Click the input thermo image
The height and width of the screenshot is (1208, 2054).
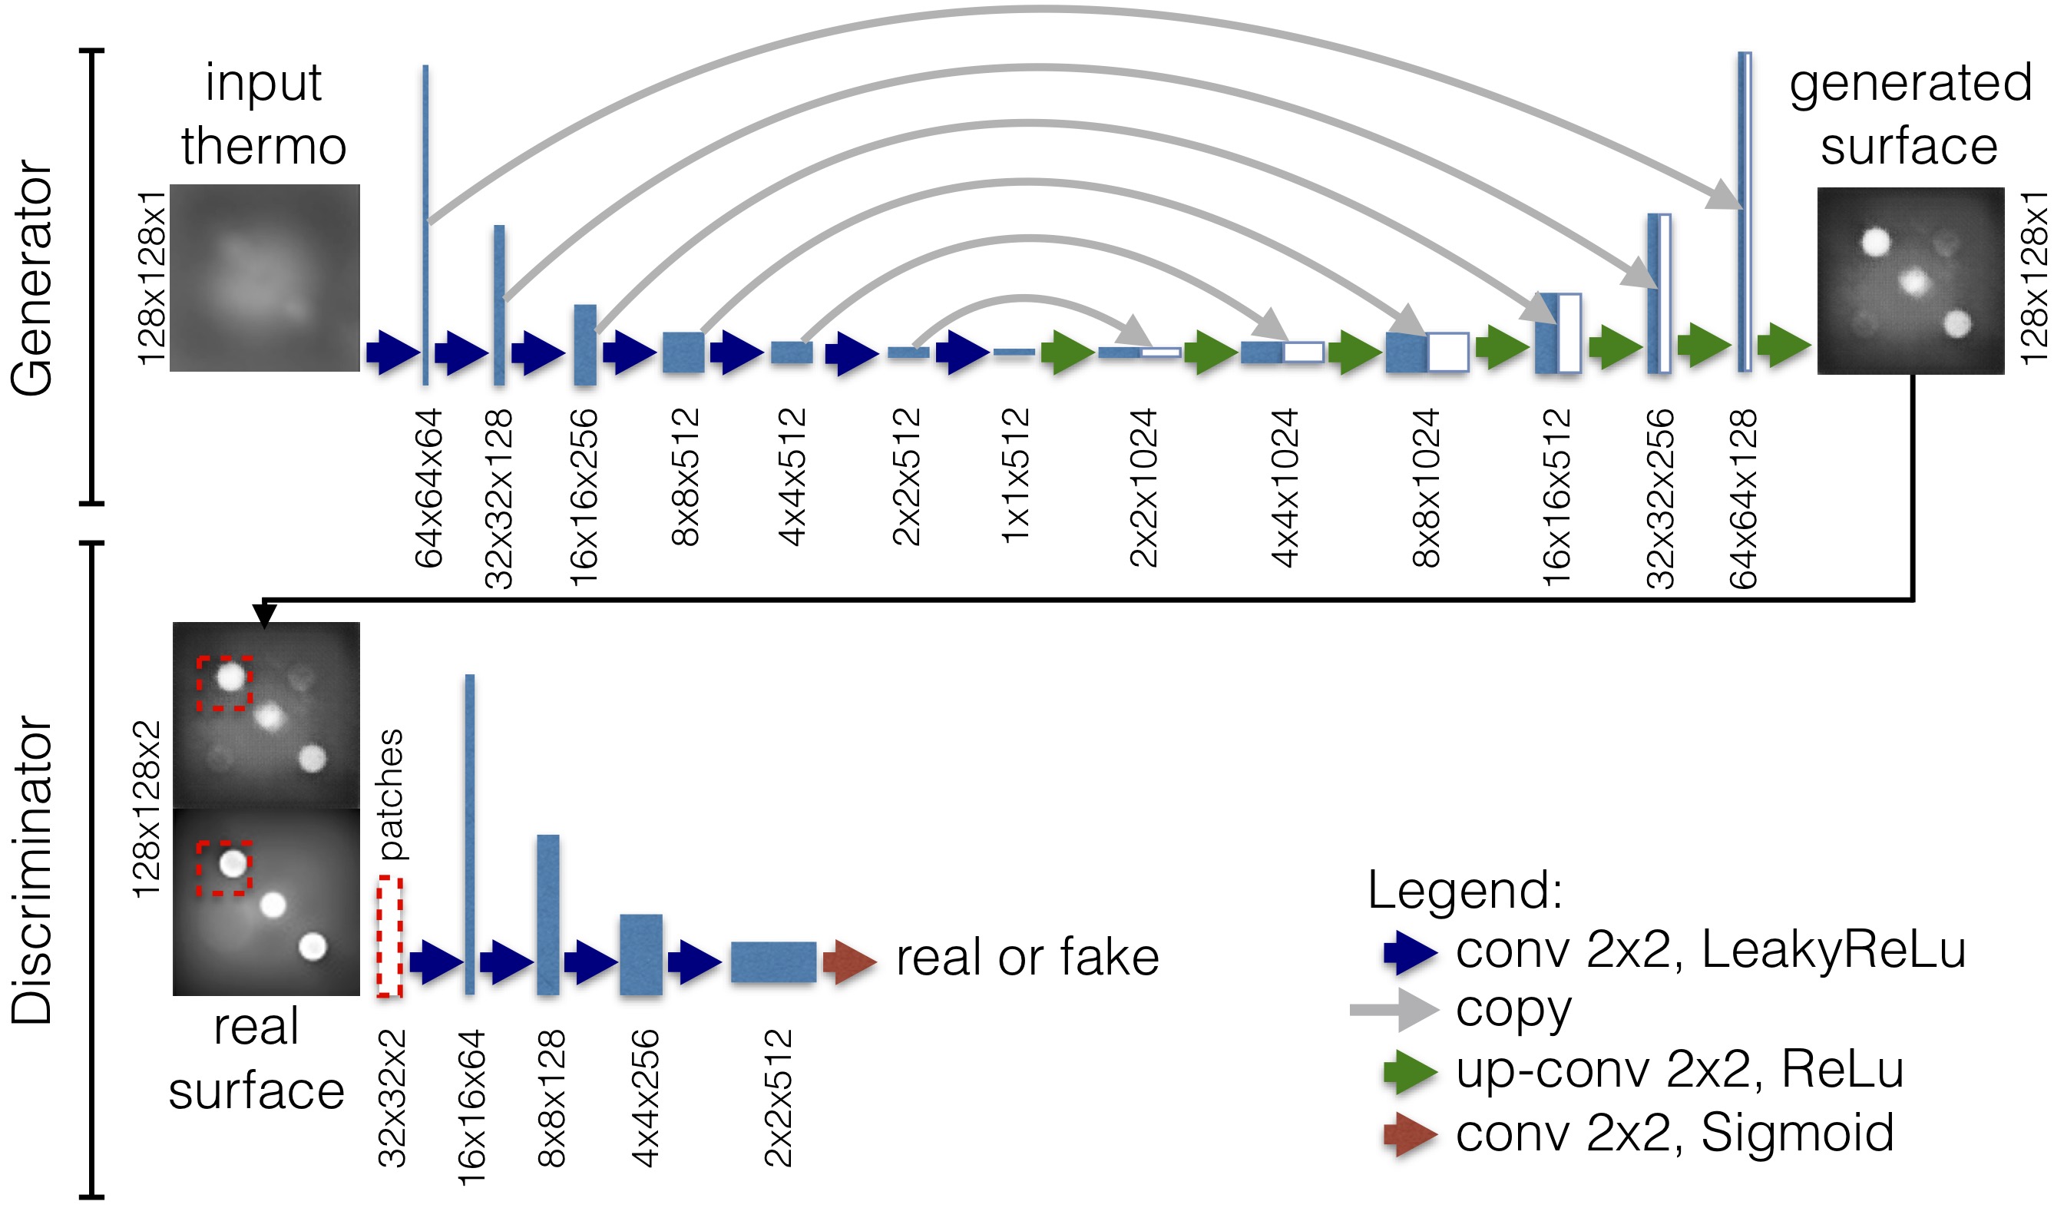[264, 277]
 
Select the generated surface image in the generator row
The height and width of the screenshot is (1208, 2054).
[1910, 280]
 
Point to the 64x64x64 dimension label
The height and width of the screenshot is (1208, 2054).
[428, 488]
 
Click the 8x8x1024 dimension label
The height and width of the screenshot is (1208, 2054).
[1427, 488]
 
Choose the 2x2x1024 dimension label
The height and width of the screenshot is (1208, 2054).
[1143, 488]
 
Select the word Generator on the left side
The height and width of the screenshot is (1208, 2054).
[32, 277]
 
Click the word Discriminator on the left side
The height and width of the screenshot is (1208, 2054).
[32, 869]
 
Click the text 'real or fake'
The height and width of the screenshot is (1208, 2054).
[1027, 957]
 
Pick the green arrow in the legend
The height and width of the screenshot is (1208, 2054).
[1410, 1071]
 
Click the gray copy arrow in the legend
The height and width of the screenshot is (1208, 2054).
[1394, 1010]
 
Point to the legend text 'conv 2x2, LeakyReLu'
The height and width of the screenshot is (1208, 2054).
[1711, 951]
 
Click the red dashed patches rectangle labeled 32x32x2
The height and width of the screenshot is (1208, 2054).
[389, 937]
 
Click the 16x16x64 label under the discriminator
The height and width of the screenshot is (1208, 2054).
[472, 1106]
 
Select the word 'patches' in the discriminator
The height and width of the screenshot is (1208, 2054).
[392, 795]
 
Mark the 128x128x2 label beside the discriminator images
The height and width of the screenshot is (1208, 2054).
[147, 809]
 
